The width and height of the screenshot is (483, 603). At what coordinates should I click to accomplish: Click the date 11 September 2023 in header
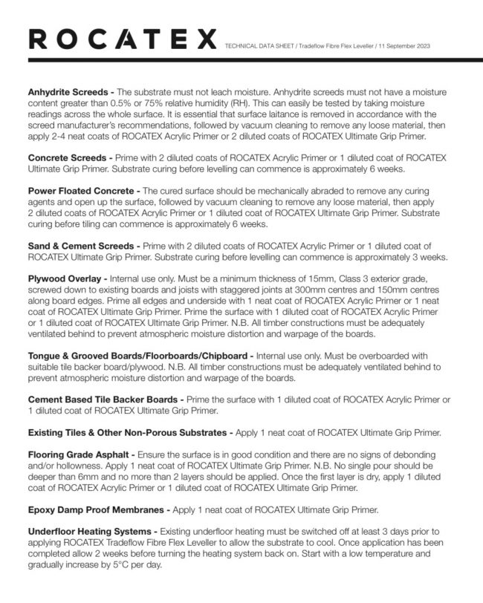(407, 46)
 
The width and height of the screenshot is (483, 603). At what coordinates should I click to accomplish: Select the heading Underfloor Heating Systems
(91, 532)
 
